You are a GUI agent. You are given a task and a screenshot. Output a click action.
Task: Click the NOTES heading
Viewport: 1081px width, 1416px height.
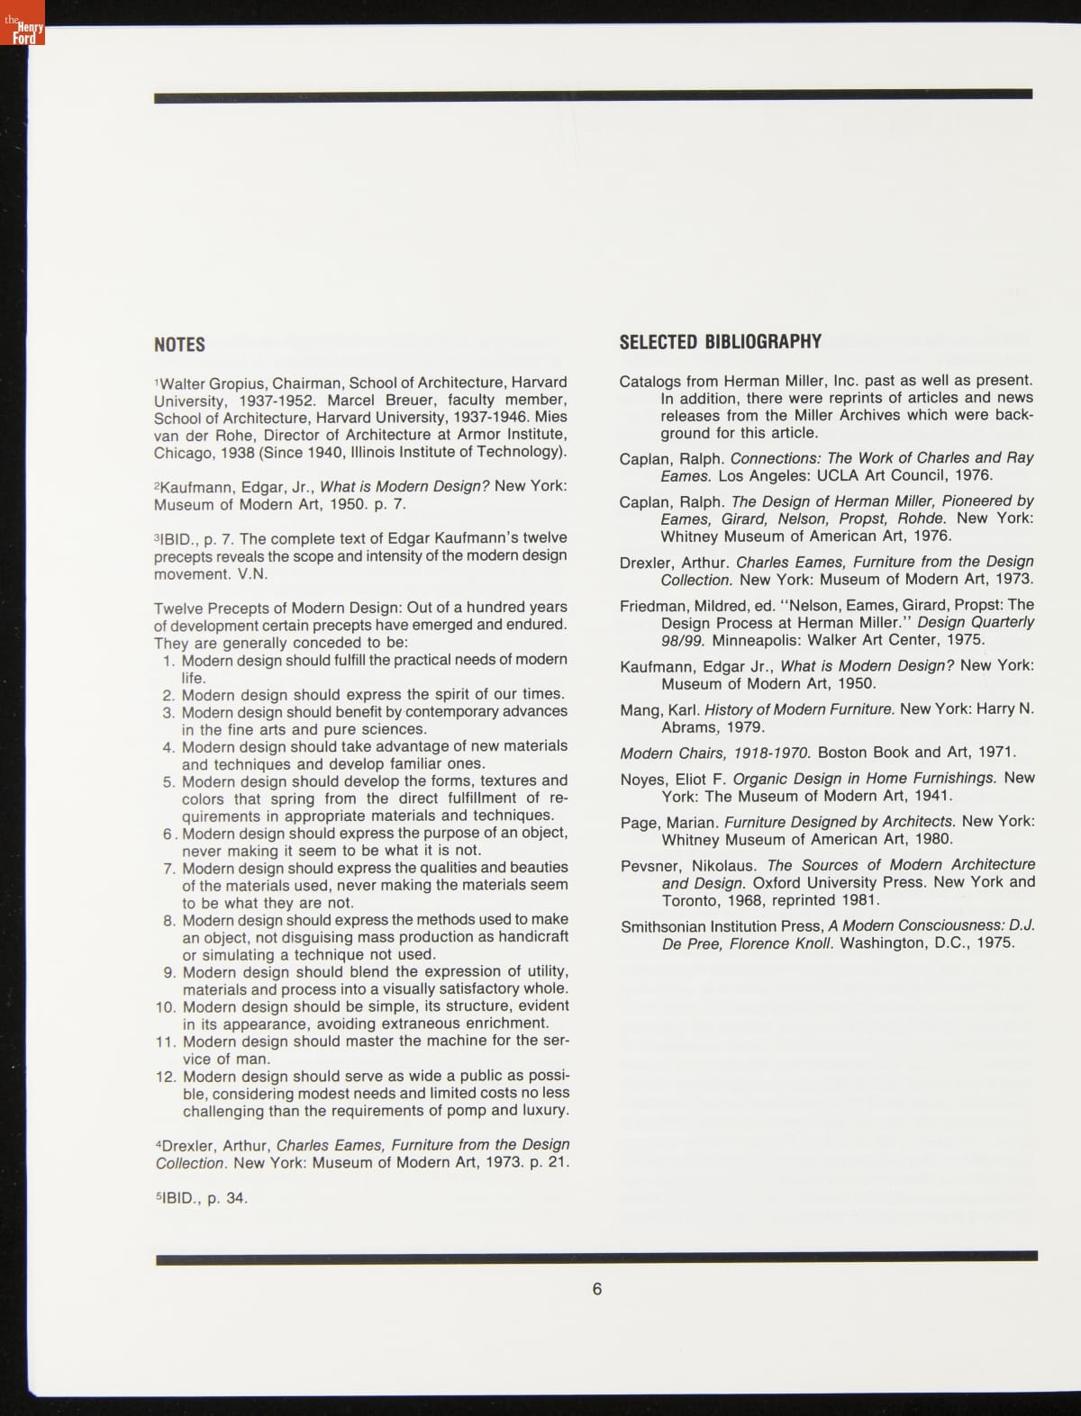179,345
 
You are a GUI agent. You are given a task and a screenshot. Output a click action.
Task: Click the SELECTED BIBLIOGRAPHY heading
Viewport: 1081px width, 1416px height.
720,342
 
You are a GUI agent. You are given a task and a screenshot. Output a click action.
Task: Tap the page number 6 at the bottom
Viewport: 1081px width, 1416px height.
596,1289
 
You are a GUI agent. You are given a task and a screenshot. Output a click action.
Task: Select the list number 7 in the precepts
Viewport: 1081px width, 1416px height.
169,869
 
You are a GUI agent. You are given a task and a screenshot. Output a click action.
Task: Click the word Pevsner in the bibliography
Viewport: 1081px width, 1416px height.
649,866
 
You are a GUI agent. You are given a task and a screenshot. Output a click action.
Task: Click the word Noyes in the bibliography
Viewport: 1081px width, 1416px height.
641,780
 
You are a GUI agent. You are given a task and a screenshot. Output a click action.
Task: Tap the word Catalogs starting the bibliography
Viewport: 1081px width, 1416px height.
650,382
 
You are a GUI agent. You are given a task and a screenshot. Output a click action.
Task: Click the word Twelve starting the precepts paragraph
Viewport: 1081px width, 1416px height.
179,608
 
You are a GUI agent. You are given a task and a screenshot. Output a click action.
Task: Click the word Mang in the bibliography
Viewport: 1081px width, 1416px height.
640,710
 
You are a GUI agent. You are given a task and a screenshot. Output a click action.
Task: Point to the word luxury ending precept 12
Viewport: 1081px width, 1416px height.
542,1111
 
